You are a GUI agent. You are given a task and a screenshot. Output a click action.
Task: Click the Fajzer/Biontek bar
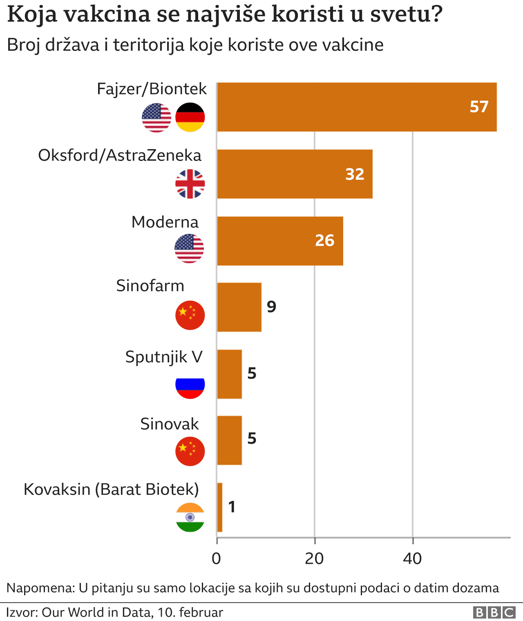(x=356, y=107)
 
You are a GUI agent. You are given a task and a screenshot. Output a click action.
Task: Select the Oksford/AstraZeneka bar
(x=294, y=174)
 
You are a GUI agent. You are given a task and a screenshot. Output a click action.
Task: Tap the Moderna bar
(x=279, y=241)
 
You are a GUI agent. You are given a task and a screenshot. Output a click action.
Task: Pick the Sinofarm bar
(x=239, y=307)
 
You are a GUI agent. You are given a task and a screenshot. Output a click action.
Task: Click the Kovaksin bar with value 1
(x=219, y=507)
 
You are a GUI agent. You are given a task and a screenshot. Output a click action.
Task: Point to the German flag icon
(x=190, y=117)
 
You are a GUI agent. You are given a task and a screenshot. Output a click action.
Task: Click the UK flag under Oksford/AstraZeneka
(x=190, y=184)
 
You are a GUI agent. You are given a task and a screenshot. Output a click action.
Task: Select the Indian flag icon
(x=190, y=517)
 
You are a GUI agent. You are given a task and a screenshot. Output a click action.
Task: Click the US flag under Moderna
(x=189, y=248)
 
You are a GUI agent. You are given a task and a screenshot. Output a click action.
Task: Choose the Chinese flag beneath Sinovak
(x=190, y=451)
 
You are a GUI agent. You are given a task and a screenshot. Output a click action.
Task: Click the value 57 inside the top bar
(x=479, y=107)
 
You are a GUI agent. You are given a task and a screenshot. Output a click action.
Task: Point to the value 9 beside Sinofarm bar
(x=272, y=306)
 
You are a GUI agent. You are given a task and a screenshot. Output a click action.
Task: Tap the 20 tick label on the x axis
(x=314, y=558)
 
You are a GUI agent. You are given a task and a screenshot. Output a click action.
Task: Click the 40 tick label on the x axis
(x=412, y=558)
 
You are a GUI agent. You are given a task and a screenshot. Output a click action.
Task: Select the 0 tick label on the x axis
(x=217, y=558)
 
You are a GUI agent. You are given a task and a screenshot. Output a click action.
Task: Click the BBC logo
(x=494, y=612)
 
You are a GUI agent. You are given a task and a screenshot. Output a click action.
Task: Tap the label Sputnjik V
(x=164, y=357)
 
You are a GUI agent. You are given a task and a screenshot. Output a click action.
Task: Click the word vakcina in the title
(x=107, y=15)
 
